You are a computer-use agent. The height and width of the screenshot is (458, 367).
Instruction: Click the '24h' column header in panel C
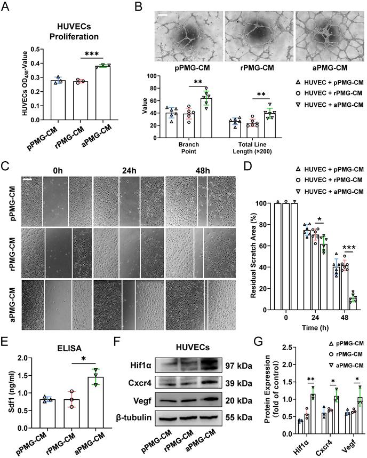(x=128, y=170)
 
